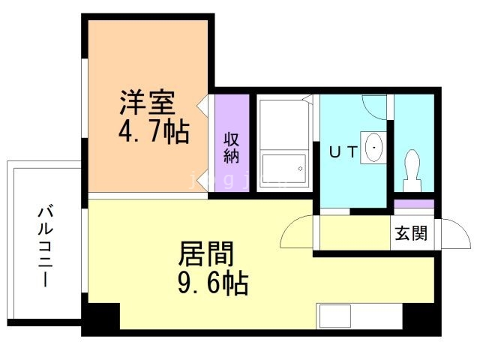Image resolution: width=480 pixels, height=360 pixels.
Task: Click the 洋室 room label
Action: tap(147, 102)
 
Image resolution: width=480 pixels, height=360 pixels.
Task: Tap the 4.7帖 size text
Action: tap(154, 132)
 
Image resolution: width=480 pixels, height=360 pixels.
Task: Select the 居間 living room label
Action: tap(206, 253)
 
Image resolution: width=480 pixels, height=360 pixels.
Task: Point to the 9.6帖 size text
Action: tap(213, 283)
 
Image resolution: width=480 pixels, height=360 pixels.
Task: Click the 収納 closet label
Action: tap(232, 148)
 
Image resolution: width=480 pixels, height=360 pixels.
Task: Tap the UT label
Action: tap(343, 151)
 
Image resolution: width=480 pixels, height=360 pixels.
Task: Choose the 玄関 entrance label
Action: tap(411, 233)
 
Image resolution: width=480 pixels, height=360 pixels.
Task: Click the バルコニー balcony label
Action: tap(45, 247)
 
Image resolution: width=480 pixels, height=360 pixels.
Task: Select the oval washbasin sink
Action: tap(374, 147)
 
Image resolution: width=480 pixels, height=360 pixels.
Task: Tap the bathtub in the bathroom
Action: tap(284, 169)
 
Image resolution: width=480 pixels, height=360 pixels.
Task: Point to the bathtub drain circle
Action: tap(300, 169)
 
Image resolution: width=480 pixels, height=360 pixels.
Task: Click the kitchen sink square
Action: tap(335, 316)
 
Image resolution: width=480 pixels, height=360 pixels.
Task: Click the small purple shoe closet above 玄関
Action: tap(414, 203)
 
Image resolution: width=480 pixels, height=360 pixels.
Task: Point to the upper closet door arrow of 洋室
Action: tap(202, 106)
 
